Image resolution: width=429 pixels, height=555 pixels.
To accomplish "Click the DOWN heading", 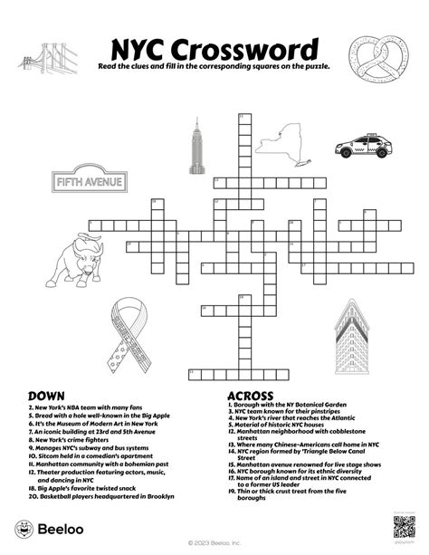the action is click(x=46, y=396).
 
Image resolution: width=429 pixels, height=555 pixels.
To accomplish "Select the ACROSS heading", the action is click(x=253, y=396).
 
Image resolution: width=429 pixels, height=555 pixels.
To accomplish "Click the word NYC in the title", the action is click(x=140, y=50).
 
